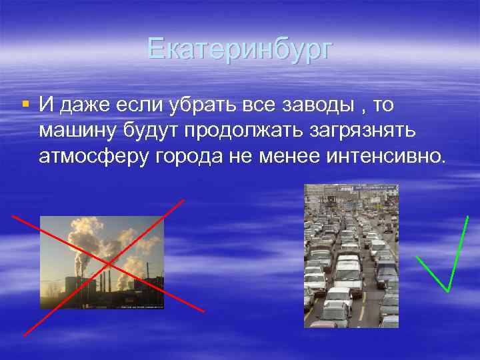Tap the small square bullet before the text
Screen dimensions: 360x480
pyautogui.click(x=25, y=104)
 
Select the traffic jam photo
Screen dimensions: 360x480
pyautogui.click(x=351, y=256)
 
